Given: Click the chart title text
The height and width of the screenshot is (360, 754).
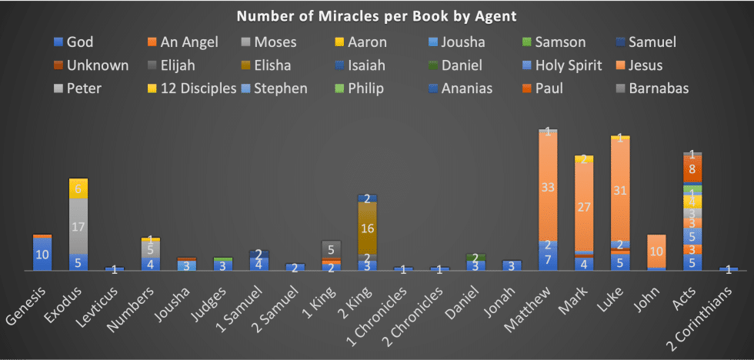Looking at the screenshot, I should pyautogui.click(x=376, y=15).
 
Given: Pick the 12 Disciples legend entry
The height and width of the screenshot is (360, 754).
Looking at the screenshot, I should pyautogui.click(x=192, y=88).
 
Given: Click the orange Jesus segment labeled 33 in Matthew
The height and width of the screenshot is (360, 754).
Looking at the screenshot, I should pyautogui.click(x=548, y=187).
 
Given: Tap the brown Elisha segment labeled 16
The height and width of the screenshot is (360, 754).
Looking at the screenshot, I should pyautogui.click(x=368, y=228).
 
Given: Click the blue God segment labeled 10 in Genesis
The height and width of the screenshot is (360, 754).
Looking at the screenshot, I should pyautogui.click(x=42, y=254).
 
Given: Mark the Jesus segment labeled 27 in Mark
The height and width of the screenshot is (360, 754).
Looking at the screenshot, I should pyautogui.click(x=584, y=206).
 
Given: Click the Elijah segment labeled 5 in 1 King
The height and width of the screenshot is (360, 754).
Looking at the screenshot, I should pyautogui.click(x=331, y=249).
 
